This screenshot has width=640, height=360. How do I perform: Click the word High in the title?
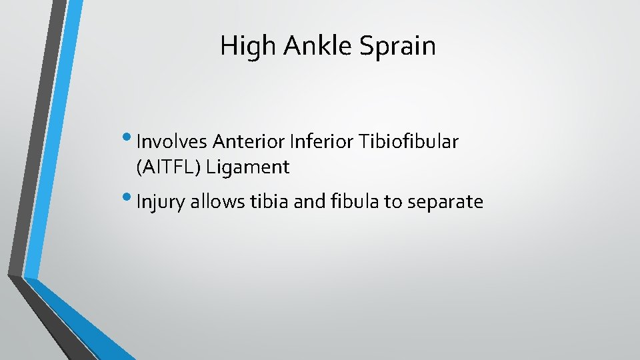(x=244, y=46)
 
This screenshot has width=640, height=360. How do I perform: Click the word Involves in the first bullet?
(x=171, y=141)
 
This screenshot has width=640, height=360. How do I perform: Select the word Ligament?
(x=248, y=167)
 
